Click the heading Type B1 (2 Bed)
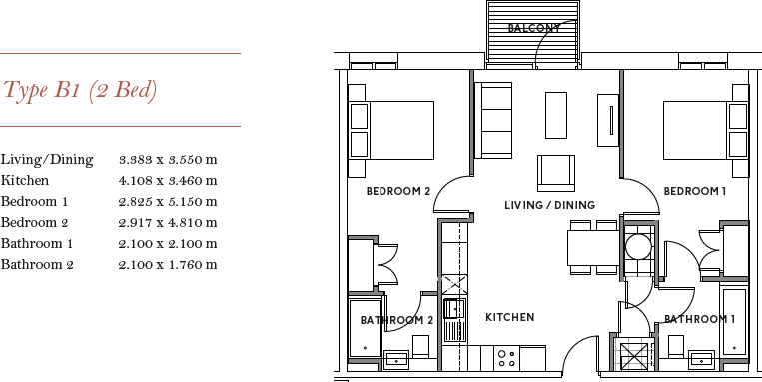(x=81, y=91)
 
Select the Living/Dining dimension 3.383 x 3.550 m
(x=168, y=159)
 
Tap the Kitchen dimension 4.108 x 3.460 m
(x=168, y=181)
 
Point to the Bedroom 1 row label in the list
(x=34, y=202)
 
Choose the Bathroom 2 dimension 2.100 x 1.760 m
(x=168, y=265)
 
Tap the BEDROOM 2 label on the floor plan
(x=397, y=191)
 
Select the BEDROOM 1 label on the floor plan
(x=695, y=191)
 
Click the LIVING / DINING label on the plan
(x=549, y=205)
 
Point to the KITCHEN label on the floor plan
(x=509, y=317)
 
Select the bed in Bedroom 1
(x=705, y=129)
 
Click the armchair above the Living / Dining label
(x=556, y=172)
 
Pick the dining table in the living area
(x=592, y=246)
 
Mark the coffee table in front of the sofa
(x=556, y=115)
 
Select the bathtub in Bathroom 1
(x=735, y=323)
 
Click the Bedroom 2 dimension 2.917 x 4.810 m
(x=168, y=223)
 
